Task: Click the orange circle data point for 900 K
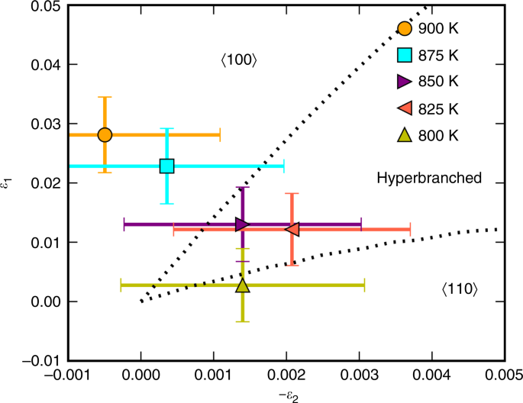tap(105, 135)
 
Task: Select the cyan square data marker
tap(166, 166)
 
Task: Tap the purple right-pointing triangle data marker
tap(242, 224)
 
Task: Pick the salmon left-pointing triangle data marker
tap(292, 229)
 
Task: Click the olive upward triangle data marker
tap(242, 285)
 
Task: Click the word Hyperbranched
tap(429, 178)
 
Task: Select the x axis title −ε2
tap(286, 394)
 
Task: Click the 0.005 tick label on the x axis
tap(503, 376)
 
